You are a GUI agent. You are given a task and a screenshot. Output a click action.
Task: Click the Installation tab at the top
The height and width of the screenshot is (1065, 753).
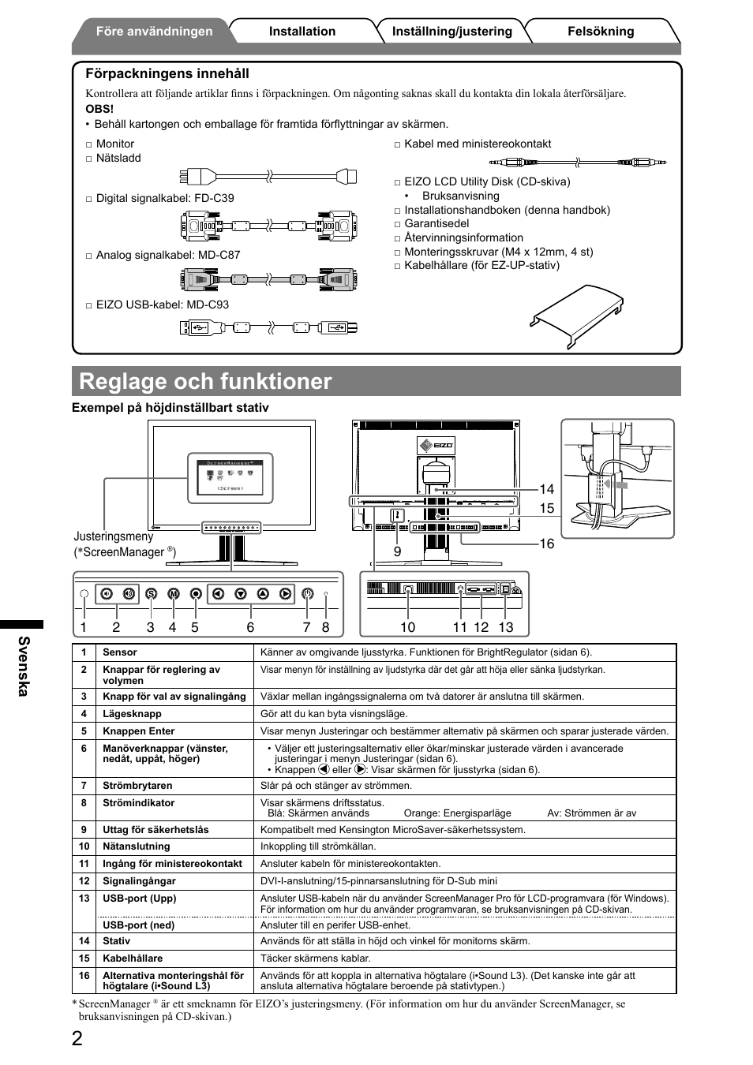click(302, 32)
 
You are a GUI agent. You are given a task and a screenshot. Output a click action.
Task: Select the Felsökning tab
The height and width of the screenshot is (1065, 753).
click(600, 32)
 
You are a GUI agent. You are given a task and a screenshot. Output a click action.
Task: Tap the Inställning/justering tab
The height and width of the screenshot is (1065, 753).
click(451, 32)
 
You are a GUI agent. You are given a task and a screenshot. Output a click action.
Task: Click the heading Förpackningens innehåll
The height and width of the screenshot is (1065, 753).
click(167, 73)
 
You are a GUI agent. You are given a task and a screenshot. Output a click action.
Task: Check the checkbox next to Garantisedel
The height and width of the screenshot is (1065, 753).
click(399, 224)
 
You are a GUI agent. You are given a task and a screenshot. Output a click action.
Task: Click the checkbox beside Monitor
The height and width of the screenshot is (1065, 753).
click(89, 144)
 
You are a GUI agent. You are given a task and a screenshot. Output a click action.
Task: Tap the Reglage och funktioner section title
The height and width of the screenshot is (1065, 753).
click(206, 381)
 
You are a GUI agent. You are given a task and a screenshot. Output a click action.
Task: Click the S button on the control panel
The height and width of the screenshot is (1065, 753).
click(151, 594)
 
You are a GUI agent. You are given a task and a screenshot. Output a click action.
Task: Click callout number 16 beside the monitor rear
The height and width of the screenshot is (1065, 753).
click(546, 544)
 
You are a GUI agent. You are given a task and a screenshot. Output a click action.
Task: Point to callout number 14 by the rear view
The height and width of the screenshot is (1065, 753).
click(546, 489)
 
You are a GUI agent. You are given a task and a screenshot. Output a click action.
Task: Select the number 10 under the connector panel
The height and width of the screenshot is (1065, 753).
click(407, 627)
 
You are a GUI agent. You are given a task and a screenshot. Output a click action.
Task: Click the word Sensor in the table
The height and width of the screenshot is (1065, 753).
click(120, 652)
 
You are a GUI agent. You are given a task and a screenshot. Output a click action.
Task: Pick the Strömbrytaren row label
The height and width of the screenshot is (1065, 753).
click(137, 786)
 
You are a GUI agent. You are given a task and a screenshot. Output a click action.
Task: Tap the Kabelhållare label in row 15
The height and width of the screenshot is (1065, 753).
click(133, 958)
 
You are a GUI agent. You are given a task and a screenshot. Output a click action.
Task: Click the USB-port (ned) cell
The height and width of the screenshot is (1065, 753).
click(139, 925)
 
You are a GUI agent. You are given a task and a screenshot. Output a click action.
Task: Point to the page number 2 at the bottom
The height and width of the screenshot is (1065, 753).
click(77, 1038)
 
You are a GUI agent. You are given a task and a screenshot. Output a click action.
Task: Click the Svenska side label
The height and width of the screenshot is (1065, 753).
click(24, 666)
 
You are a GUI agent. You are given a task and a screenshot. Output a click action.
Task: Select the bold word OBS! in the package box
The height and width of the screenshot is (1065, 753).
click(99, 109)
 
